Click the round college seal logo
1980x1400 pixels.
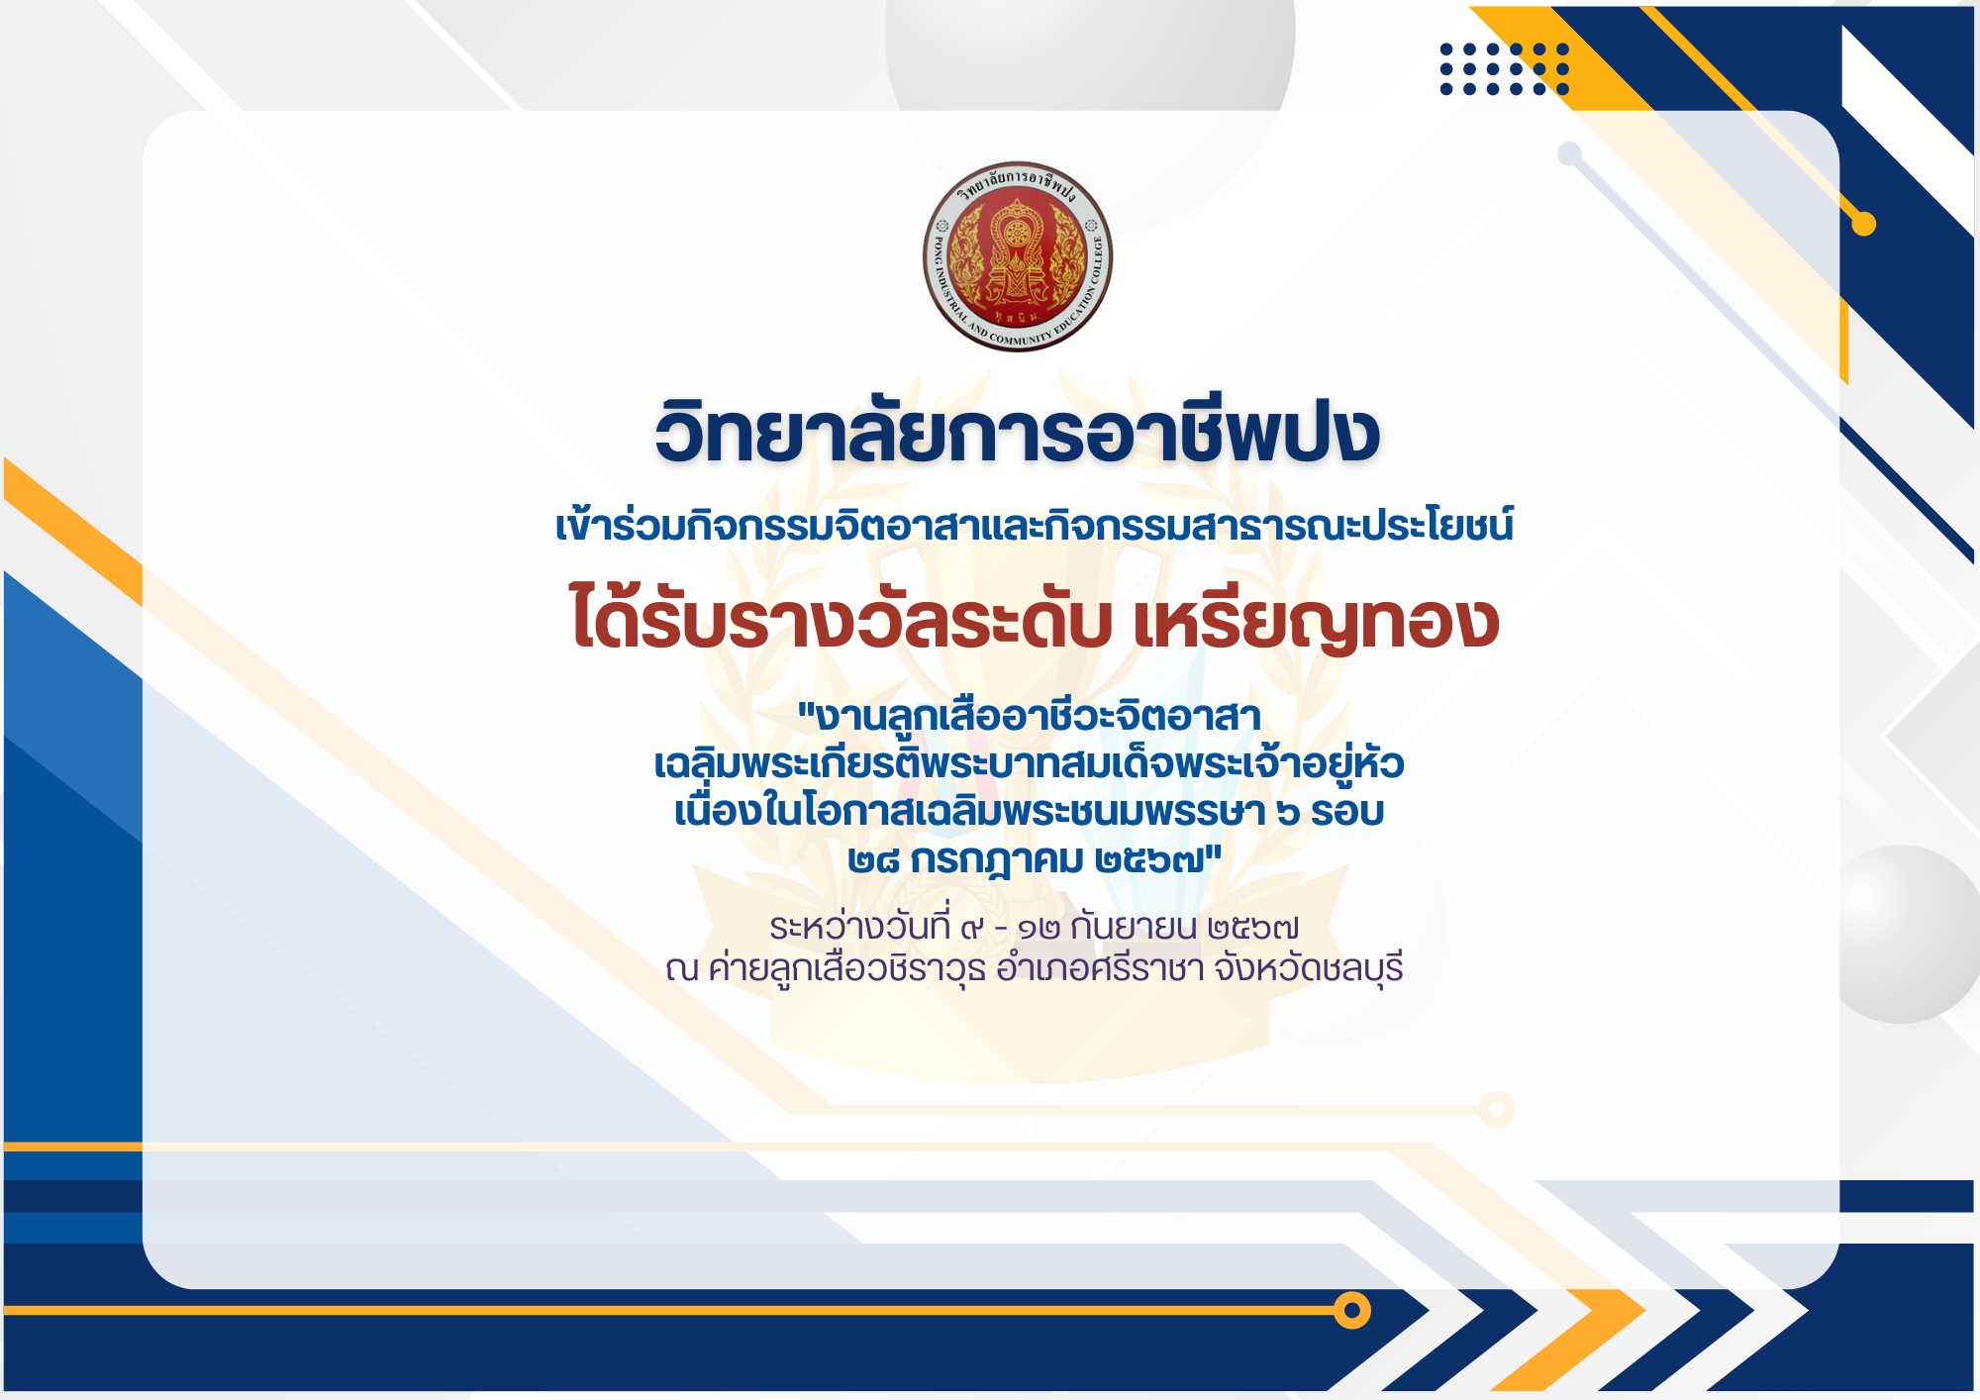1018,256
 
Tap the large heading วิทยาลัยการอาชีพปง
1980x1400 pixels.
1018,433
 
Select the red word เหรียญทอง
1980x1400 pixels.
1316,621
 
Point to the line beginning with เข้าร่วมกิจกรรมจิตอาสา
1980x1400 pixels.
1035,524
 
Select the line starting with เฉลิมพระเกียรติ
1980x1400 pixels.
1030,763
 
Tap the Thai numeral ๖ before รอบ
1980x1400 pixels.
1288,814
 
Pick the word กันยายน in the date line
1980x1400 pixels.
1135,927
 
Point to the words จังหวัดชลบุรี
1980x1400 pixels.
1309,968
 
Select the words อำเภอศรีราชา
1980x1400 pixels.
1100,967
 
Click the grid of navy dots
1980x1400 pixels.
1505,68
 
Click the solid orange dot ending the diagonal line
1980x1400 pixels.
1864,224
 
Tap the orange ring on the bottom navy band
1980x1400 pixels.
1351,1310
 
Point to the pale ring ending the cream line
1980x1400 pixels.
1497,1110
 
